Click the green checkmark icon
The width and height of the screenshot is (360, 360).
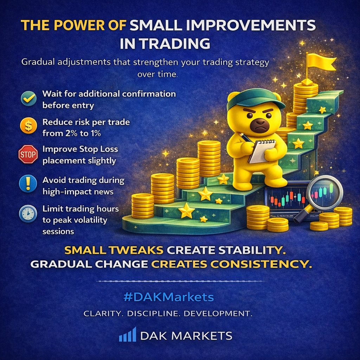(29, 98)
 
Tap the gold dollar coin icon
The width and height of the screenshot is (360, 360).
(28, 126)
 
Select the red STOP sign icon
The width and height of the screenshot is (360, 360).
(28, 154)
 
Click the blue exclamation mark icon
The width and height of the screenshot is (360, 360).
(28, 184)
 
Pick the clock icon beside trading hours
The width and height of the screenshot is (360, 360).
(28, 214)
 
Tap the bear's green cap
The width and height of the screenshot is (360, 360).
(255, 99)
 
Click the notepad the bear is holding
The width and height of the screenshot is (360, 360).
(262, 152)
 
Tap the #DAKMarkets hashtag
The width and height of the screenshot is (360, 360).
(168, 297)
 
